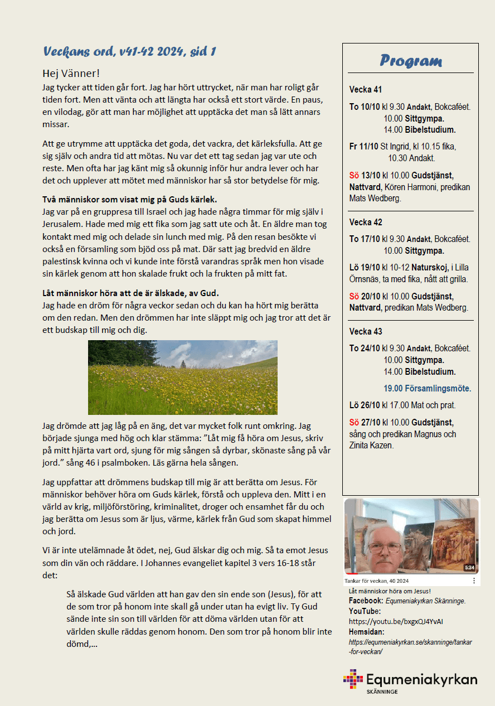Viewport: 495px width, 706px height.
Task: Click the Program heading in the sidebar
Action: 411,61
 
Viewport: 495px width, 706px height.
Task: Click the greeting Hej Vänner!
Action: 70,74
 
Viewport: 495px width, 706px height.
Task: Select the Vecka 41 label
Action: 366,89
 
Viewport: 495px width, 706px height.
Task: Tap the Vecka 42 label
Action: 366,222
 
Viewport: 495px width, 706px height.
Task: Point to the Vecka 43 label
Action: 366,331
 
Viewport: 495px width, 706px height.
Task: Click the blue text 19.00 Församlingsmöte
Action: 427,389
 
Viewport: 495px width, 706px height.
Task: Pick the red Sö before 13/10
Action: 355,175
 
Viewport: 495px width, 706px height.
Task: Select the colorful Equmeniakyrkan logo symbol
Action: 353,679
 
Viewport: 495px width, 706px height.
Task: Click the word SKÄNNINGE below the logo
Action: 382,692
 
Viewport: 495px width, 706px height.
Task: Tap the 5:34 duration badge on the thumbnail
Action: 469,568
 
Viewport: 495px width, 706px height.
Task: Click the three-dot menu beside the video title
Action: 474,581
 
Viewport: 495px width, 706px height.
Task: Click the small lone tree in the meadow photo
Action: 183,364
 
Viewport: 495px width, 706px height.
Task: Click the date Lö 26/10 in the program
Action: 365,405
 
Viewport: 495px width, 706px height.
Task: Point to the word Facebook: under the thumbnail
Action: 366,601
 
